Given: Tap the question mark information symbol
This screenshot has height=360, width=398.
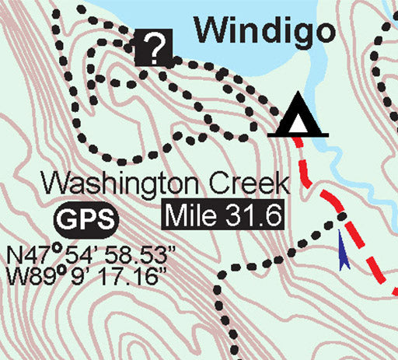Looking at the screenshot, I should pyautogui.click(x=155, y=49).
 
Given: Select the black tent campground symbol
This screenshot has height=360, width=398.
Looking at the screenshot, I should pyautogui.click(x=297, y=117).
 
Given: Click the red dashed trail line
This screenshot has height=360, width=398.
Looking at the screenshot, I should pyautogui.click(x=365, y=249).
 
